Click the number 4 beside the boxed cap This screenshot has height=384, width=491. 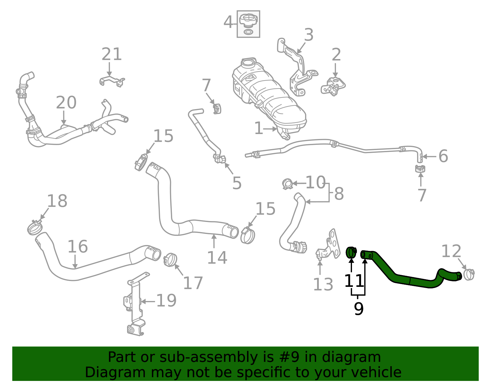(228, 22)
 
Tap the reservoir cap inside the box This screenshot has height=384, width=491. (248, 21)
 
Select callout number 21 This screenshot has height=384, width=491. (112, 54)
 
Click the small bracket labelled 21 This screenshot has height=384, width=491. (112, 81)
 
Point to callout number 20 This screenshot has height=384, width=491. (66, 103)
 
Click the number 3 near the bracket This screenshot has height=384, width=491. (309, 35)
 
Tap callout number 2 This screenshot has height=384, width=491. (336, 55)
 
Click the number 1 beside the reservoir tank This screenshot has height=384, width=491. (259, 129)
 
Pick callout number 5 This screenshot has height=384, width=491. (237, 183)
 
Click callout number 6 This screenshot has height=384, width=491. (443, 156)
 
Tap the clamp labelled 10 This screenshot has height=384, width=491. (288, 184)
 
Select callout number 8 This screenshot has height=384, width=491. (339, 194)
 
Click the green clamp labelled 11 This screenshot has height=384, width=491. (351, 252)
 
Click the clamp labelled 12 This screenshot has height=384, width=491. (469, 274)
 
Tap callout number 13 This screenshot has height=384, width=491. (323, 285)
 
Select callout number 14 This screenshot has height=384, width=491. (217, 258)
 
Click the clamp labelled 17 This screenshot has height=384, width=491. (170, 260)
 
